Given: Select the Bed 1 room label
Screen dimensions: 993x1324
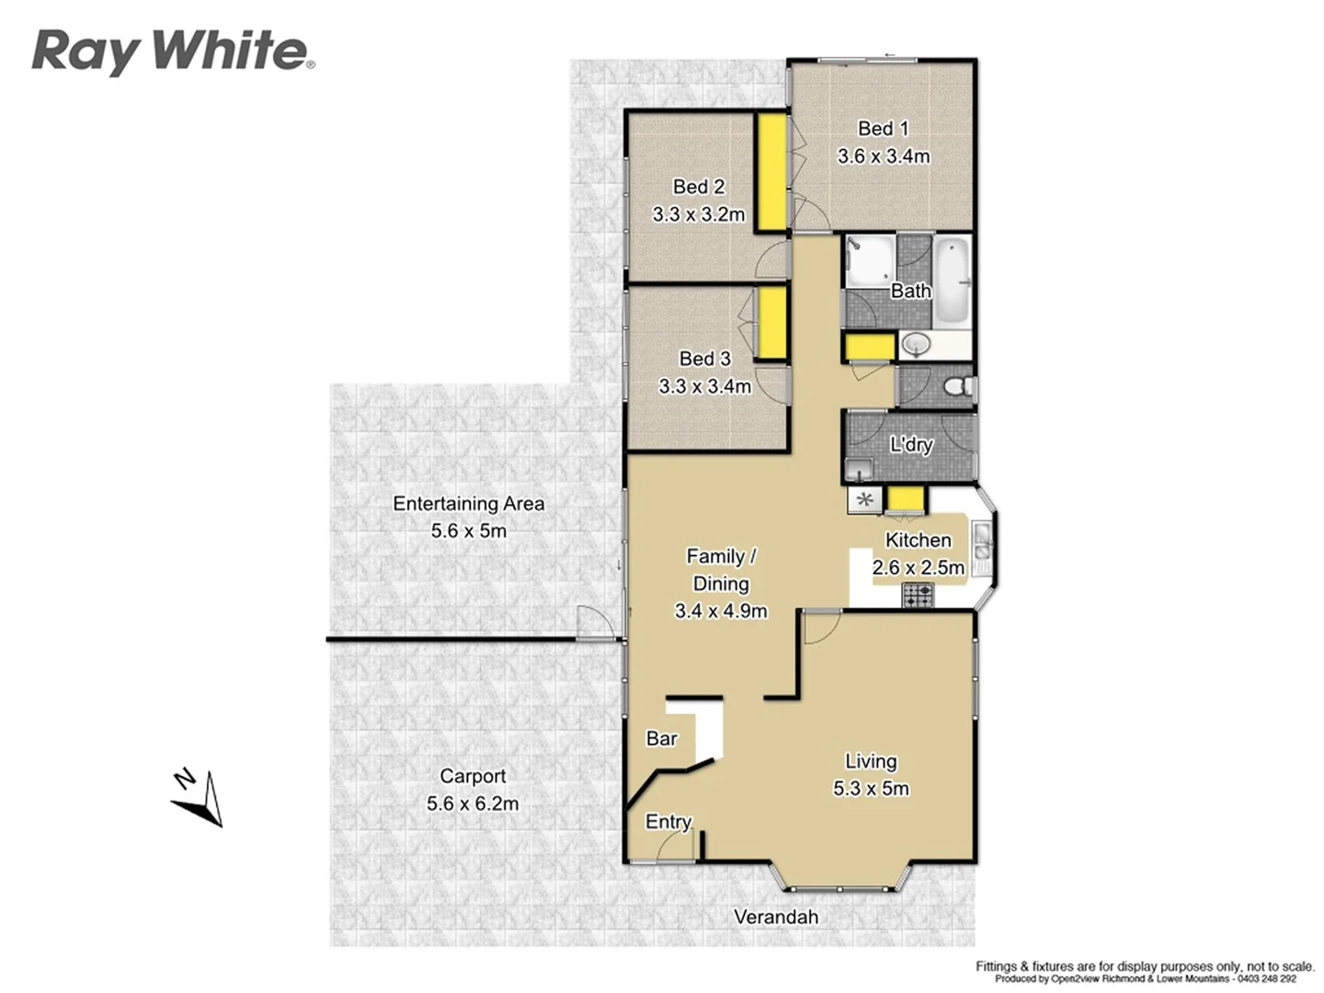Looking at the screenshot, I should click(883, 129).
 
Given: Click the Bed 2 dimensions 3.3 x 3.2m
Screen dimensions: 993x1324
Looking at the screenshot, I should click(699, 214).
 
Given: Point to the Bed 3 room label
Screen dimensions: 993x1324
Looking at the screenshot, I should click(704, 359).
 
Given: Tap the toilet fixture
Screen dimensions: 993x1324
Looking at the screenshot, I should click(959, 387).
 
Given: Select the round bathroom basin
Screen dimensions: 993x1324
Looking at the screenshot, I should click(916, 345).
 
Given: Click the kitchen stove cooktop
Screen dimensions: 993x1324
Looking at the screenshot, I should click(918, 595).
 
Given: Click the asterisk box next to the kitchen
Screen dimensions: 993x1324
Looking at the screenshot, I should click(864, 501).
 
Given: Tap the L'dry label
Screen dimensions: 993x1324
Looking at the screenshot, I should click(911, 445).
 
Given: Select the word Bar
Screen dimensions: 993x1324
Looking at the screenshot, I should click(661, 738).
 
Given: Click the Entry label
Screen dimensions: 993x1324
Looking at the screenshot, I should click(668, 822).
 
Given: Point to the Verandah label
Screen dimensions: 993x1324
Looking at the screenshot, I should click(776, 917).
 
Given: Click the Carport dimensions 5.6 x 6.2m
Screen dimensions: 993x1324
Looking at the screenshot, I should click(473, 804).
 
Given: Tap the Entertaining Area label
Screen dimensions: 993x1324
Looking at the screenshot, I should click(469, 504).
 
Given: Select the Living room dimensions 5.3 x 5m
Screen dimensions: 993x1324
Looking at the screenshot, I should click(871, 789).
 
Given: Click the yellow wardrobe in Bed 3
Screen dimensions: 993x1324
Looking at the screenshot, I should click(771, 323).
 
